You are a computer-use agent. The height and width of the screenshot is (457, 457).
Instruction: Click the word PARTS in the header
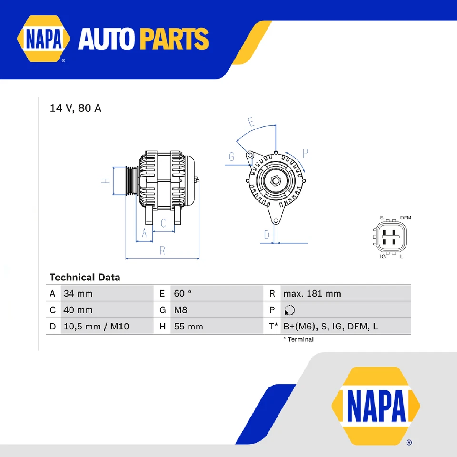tap(174, 39)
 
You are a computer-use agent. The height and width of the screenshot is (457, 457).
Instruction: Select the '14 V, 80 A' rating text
tap(76, 109)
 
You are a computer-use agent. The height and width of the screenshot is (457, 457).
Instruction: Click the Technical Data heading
tap(85, 277)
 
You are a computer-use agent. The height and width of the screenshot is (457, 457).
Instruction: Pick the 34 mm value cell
tap(78, 294)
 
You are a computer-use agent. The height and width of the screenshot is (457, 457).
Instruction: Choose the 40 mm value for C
tap(78, 310)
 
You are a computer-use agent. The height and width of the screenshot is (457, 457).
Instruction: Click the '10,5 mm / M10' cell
tap(96, 327)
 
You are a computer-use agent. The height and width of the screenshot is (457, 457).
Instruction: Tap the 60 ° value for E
tap(183, 294)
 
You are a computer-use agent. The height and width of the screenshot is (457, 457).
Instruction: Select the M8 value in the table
tap(181, 310)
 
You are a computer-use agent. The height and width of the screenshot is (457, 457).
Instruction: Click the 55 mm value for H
tap(189, 327)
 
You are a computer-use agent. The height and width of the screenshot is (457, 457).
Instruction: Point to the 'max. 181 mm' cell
tap(312, 294)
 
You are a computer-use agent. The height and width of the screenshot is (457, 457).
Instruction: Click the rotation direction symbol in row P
tap(289, 310)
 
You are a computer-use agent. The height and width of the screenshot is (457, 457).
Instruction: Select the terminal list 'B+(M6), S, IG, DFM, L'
tap(330, 327)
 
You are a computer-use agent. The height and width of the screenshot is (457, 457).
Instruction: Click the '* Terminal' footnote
tap(298, 339)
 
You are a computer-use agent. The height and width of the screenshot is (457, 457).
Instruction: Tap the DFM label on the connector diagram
tap(406, 218)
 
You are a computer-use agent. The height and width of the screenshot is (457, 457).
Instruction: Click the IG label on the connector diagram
tap(382, 257)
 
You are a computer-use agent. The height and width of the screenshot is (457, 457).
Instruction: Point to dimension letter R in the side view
tap(162, 251)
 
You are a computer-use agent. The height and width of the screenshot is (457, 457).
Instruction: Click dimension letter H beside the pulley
tap(106, 180)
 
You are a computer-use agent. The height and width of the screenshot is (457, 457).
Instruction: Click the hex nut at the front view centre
tap(275, 181)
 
